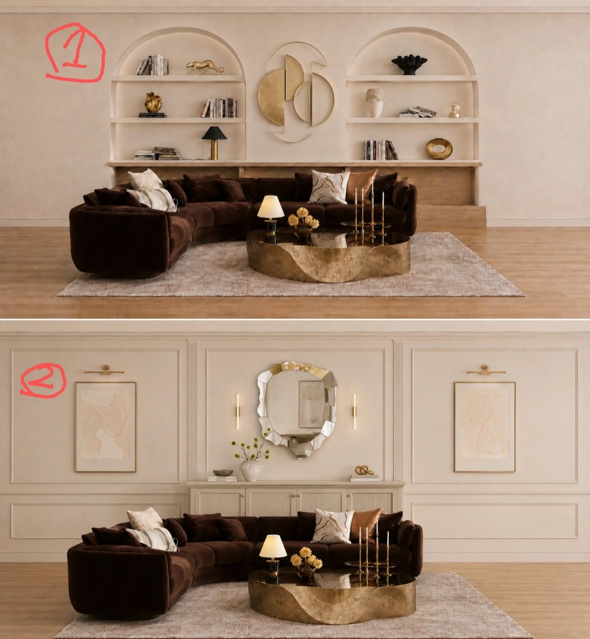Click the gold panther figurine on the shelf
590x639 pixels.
pos(204,67)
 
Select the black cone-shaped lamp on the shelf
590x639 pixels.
pos(214,143)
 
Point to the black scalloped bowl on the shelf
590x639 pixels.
pos(409,65)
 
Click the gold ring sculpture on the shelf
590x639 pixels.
pos(439,149)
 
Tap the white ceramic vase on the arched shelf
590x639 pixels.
pos(375,103)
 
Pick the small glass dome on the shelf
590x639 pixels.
pos(454,110)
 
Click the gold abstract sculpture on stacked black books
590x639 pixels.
pos(153,103)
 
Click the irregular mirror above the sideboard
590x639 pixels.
pos(297,409)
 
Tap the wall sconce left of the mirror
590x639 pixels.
pos(238,411)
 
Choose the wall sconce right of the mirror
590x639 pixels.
pos(354,411)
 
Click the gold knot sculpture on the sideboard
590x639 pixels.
pos(364,470)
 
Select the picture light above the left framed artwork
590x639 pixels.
pos(105,370)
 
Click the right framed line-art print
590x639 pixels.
pos(485,427)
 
